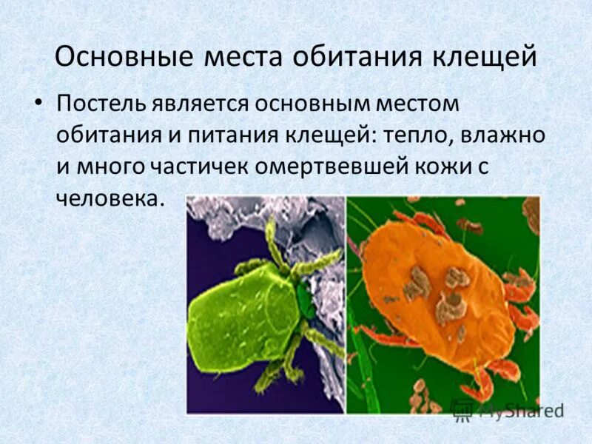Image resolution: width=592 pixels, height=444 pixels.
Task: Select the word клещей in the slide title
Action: (x=481, y=58)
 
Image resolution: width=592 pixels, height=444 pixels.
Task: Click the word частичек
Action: (x=199, y=166)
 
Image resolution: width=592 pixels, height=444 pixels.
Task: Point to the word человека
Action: (x=107, y=198)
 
